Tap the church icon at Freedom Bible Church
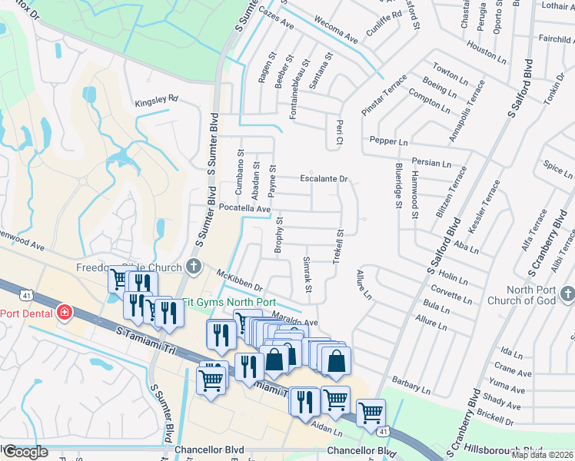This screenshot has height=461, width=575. (193, 267)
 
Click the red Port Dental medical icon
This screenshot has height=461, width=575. (65, 313)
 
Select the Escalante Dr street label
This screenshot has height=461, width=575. (324, 179)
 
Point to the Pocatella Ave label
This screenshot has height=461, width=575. (245, 209)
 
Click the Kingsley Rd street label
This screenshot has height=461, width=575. (156, 100)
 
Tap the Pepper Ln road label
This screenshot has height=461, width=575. (388, 141)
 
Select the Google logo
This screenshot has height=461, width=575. (25, 452)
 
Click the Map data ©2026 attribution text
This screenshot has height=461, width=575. (542, 455)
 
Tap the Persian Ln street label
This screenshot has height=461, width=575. (430, 163)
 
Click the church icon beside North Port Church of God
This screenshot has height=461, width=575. (567, 294)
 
